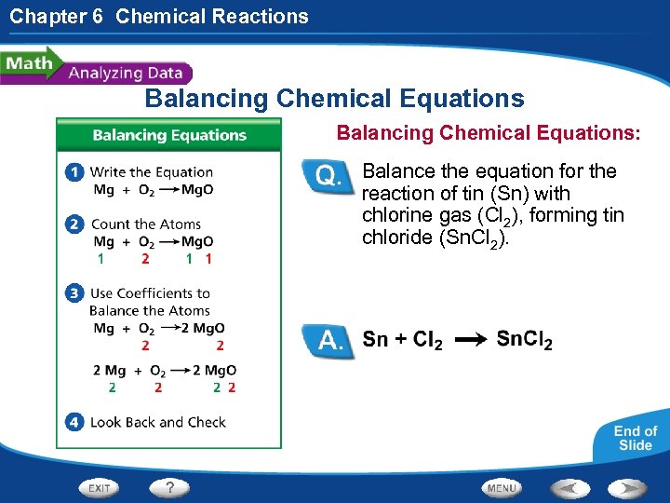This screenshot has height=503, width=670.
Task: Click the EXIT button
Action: [x=100, y=488]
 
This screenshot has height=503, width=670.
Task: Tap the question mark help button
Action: [x=170, y=488]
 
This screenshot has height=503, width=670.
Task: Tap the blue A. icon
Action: [x=329, y=340]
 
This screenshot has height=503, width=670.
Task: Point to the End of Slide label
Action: [x=636, y=438]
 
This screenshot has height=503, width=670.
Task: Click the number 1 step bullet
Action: [x=75, y=172]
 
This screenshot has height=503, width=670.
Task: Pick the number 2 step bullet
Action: [x=75, y=224]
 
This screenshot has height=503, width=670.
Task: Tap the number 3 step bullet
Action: [x=75, y=293]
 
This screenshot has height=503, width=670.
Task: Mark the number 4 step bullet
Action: [x=75, y=422]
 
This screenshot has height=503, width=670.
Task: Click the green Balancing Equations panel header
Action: [x=168, y=135]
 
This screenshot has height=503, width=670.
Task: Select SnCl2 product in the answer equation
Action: [x=524, y=340]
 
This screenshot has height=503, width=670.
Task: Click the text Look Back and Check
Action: [x=158, y=422]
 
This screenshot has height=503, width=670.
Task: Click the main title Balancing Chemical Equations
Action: [x=334, y=99]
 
